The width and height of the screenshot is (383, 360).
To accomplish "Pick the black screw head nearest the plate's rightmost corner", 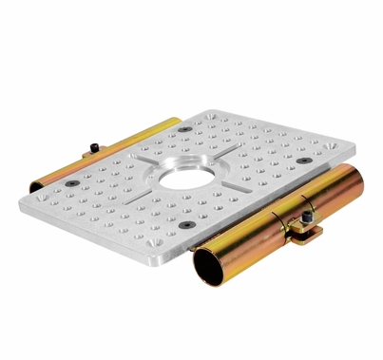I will (303, 160).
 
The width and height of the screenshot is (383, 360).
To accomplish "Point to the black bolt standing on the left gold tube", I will (96, 144).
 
